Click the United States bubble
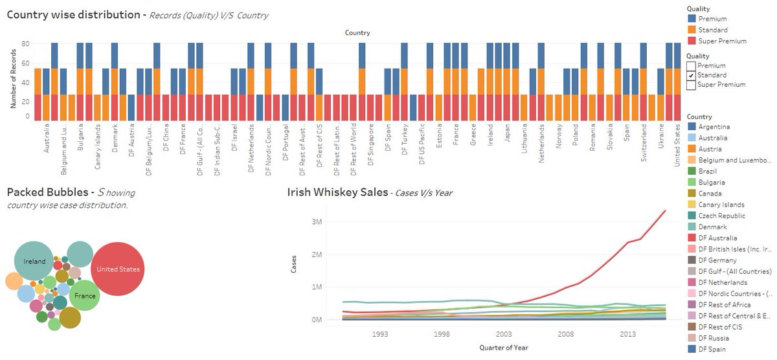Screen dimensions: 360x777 [x=118, y=269]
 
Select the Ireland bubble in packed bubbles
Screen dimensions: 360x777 [x=34, y=262]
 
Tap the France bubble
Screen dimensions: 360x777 [x=85, y=296]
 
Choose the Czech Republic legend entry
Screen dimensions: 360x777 [x=722, y=216]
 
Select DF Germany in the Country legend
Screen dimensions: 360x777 [x=718, y=260]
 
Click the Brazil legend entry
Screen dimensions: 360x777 [x=708, y=171]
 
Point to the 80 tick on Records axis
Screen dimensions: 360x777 [x=26, y=43]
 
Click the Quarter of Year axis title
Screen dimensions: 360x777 [x=503, y=348]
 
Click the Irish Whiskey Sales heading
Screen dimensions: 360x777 [x=337, y=192]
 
